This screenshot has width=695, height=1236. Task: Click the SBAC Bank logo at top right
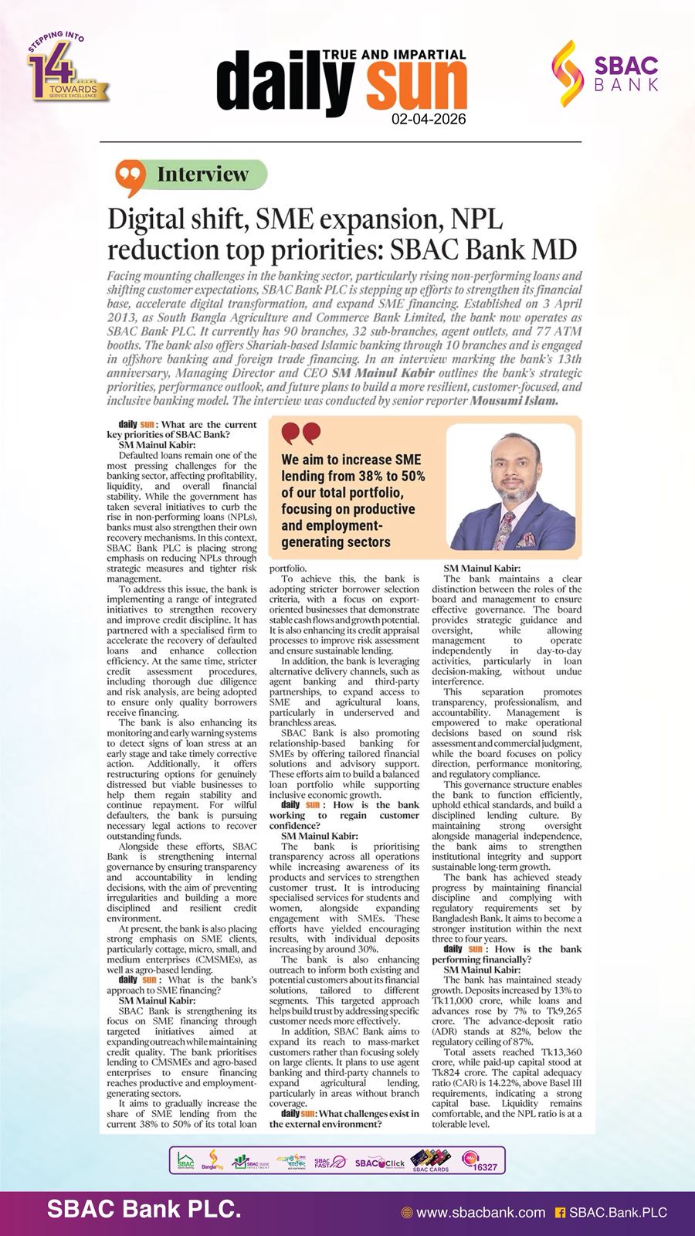click(x=605, y=73)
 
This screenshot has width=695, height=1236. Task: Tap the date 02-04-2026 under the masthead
click(x=429, y=119)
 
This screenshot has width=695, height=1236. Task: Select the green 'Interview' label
click(x=202, y=175)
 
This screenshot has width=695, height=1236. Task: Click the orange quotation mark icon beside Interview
click(x=131, y=178)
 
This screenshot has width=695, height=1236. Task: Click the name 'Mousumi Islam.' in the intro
click(x=514, y=401)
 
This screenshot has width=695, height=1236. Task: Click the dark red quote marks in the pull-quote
click(x=300, y=434)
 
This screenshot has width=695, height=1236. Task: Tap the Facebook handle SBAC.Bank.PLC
click(x=617, y=1213)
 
